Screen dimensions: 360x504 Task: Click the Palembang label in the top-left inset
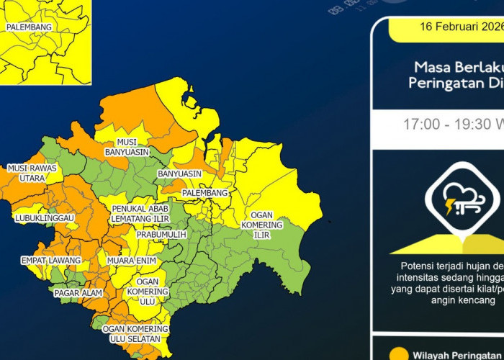(x=29, y=27)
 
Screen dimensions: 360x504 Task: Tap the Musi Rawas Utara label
(x=32, y=173)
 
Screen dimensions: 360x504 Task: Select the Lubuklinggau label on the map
(x=45, y=217)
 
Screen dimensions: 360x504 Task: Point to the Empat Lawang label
(x=45, y=260)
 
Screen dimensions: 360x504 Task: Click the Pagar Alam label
(x=78, y=293)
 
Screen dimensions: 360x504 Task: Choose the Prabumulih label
(x=161, y=235)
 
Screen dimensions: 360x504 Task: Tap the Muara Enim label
(x=132, y=260)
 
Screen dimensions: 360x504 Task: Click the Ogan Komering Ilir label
(x=266, y=225)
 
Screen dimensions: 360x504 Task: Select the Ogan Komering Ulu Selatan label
(x=135, y=333)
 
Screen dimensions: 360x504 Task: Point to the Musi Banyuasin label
(x=127, y=147)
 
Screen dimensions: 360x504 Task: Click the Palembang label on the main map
(x=204, y=193)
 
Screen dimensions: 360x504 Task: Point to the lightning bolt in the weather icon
(x=451, y=208)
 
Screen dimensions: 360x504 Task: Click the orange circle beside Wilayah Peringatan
(x=401, y=354)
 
